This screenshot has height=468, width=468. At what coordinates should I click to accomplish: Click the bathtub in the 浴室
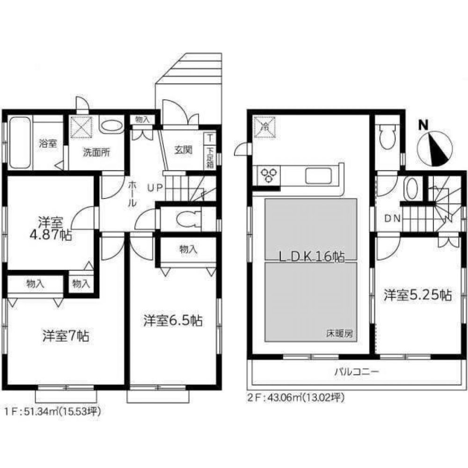click(x=20, y=143)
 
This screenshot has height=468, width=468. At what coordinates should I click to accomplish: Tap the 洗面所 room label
click(x=96, y=153)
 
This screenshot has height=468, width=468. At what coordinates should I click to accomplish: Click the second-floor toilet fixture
click(x=387, y=137)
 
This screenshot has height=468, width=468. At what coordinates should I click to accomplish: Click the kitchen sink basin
click(x=319, y=176)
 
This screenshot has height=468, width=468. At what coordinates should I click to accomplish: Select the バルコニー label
click(x=356, y=373)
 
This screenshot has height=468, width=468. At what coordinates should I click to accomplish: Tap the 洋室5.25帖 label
click(x=417, y=295)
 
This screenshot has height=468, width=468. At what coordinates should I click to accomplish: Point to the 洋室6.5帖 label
click(x=173, y=321)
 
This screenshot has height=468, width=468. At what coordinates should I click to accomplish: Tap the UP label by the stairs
click(x=155, y=188)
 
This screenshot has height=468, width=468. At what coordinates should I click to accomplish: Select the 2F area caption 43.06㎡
click(x=296, y=398)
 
